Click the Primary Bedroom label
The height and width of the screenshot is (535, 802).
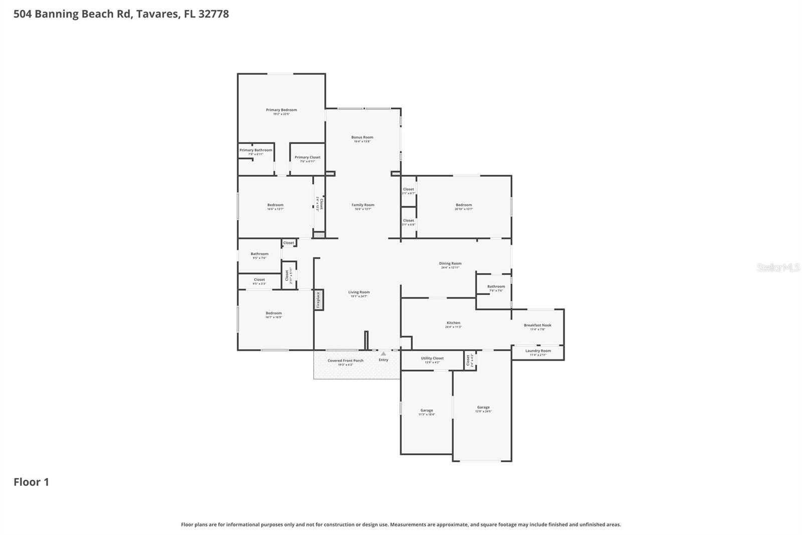(x=281, y=110)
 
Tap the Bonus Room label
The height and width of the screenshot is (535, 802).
(x=362, y=138)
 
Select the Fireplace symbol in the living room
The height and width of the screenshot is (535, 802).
(x=318, y=300)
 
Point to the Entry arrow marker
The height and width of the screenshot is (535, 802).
(x=383, y=354)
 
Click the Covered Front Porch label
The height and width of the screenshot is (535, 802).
(x=345, y=361)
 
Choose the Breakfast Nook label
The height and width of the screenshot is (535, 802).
(x=537, y=325)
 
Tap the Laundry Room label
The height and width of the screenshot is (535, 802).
(x=538, y=351)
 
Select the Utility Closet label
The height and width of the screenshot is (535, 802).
(x=432, y=358)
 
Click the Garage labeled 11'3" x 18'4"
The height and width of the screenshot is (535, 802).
(x=427, y=411)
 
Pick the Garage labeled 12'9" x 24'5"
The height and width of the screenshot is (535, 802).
(x=483, y=408)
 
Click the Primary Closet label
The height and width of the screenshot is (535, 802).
(x=307, y=158)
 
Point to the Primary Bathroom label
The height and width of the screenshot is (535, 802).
(x=256, y=150)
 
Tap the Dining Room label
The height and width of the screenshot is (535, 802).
(x=450, y=263)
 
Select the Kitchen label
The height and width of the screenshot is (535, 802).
(x=453, y=323)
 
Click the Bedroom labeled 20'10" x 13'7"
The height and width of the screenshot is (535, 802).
(x=464, y=205)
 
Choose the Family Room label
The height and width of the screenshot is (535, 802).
(x=362, y=205)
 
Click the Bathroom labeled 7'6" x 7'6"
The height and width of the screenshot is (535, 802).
(x=496, y=287)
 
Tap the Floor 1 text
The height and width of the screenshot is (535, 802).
(x=31, y=482)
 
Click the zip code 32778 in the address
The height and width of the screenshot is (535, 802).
(x=214, y=14)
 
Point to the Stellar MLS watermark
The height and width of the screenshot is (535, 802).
(x=778, y=267)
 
